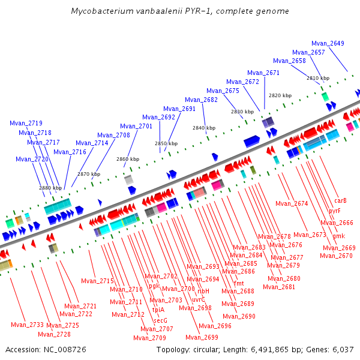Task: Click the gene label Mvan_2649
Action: (x=328, y=43)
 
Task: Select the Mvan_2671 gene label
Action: (x=263, y=73)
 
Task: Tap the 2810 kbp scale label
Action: (x=318, y=79)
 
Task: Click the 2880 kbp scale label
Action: (x=50, y=188)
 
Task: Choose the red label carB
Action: (x=341, y=200)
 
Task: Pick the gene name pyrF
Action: (x=335, y=211)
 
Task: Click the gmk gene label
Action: (x=338, y=236)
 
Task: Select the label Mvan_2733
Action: (x=27, y=325)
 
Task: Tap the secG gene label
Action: (x=160, y=320)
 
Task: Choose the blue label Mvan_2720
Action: (x=32, y=159)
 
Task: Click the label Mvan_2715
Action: (x=98, y=281)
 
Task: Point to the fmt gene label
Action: (x=239, y=283)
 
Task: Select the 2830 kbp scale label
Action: (x=242, y=112)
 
